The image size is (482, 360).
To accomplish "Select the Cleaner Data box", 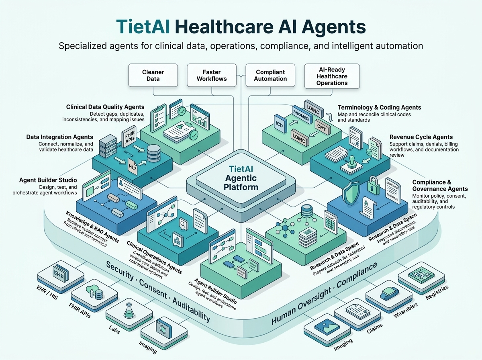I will tap(153, 75).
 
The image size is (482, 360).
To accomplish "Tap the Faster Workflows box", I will tap(212, 75).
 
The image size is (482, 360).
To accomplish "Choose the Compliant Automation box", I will tap(270, 75).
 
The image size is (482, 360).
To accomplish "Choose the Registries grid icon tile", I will tap(421, 274).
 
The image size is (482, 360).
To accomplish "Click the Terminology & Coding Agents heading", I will tap(379, 107).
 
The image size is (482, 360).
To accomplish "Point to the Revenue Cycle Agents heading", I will tap(421, 137).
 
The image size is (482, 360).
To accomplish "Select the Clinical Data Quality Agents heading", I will tap(105, 107).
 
